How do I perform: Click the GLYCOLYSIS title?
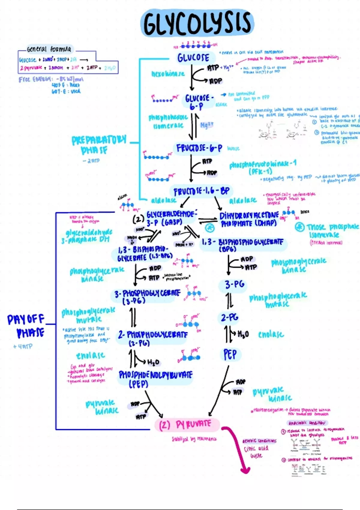pyautogui.click(x=197, y=23)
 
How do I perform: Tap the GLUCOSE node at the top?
pyautogui.click(x=193, y=57)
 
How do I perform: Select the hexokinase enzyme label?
pyautogui.click(x=168, y=73)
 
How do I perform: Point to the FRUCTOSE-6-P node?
pyautogui.click(x=199, y=148)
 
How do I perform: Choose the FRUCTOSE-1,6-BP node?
pyautogui.click(x=201, y=191)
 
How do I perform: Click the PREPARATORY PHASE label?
pyautogui.click(x=99, y=145)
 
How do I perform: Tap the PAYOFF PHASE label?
pyautogui.click(x=26, y=326)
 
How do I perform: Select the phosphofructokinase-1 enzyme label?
pyautogui.click(x=262, y=167)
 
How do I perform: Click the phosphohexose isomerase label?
pyautogui.click(x=168, y=121)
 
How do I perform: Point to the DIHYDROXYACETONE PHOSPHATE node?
pyautogui.click(x=249, y=219)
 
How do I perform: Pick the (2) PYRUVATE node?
pyautogui.click(x=185, y=424)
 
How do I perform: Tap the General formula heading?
pyautogui.click(x=49, y=49)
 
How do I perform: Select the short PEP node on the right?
pyautogui.click(x=230, y=354)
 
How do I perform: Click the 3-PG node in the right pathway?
pyautogui.click(x=235, y=284)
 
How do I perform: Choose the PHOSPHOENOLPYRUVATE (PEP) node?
pyautogui.click(x=155, y=379)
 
